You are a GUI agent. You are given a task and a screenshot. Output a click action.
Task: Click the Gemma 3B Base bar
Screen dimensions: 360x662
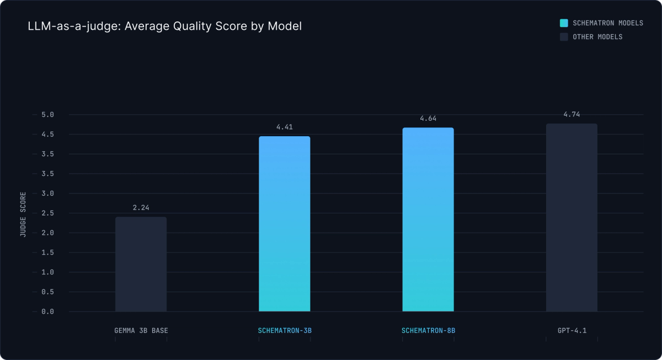point(141,264)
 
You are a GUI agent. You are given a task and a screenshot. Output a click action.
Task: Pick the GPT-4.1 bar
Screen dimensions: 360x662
point(572,217)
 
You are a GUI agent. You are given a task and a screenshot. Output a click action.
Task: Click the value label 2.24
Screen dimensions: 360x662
point(141,208)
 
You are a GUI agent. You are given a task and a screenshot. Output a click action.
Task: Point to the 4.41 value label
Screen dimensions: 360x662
point(284,127)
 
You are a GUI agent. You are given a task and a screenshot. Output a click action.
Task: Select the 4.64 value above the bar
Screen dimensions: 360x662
point(428,119)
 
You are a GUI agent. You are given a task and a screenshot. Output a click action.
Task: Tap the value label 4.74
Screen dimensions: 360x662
point(572,114)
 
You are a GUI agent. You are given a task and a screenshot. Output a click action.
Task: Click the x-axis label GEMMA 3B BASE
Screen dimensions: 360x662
point(141,331)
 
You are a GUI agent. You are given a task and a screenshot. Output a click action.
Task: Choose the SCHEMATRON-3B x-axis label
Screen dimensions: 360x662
point(284,331)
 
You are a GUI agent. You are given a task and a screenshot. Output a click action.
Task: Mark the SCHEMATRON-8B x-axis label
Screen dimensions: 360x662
point(428,331)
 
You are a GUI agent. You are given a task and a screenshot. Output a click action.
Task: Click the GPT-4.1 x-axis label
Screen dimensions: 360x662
point(572,331)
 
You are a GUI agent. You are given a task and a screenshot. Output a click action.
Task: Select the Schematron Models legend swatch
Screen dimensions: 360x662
point(564,23)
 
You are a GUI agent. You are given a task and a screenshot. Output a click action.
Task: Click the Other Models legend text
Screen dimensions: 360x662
point(597,37)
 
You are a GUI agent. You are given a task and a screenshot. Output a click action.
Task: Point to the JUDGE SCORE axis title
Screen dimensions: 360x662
point(23,214)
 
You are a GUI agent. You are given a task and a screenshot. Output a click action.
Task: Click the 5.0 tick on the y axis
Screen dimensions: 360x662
point(47,115)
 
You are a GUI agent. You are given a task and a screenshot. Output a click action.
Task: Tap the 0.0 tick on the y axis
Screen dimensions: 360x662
point(47,311)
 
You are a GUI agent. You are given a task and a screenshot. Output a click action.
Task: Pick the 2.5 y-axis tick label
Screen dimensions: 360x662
point(47,213)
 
